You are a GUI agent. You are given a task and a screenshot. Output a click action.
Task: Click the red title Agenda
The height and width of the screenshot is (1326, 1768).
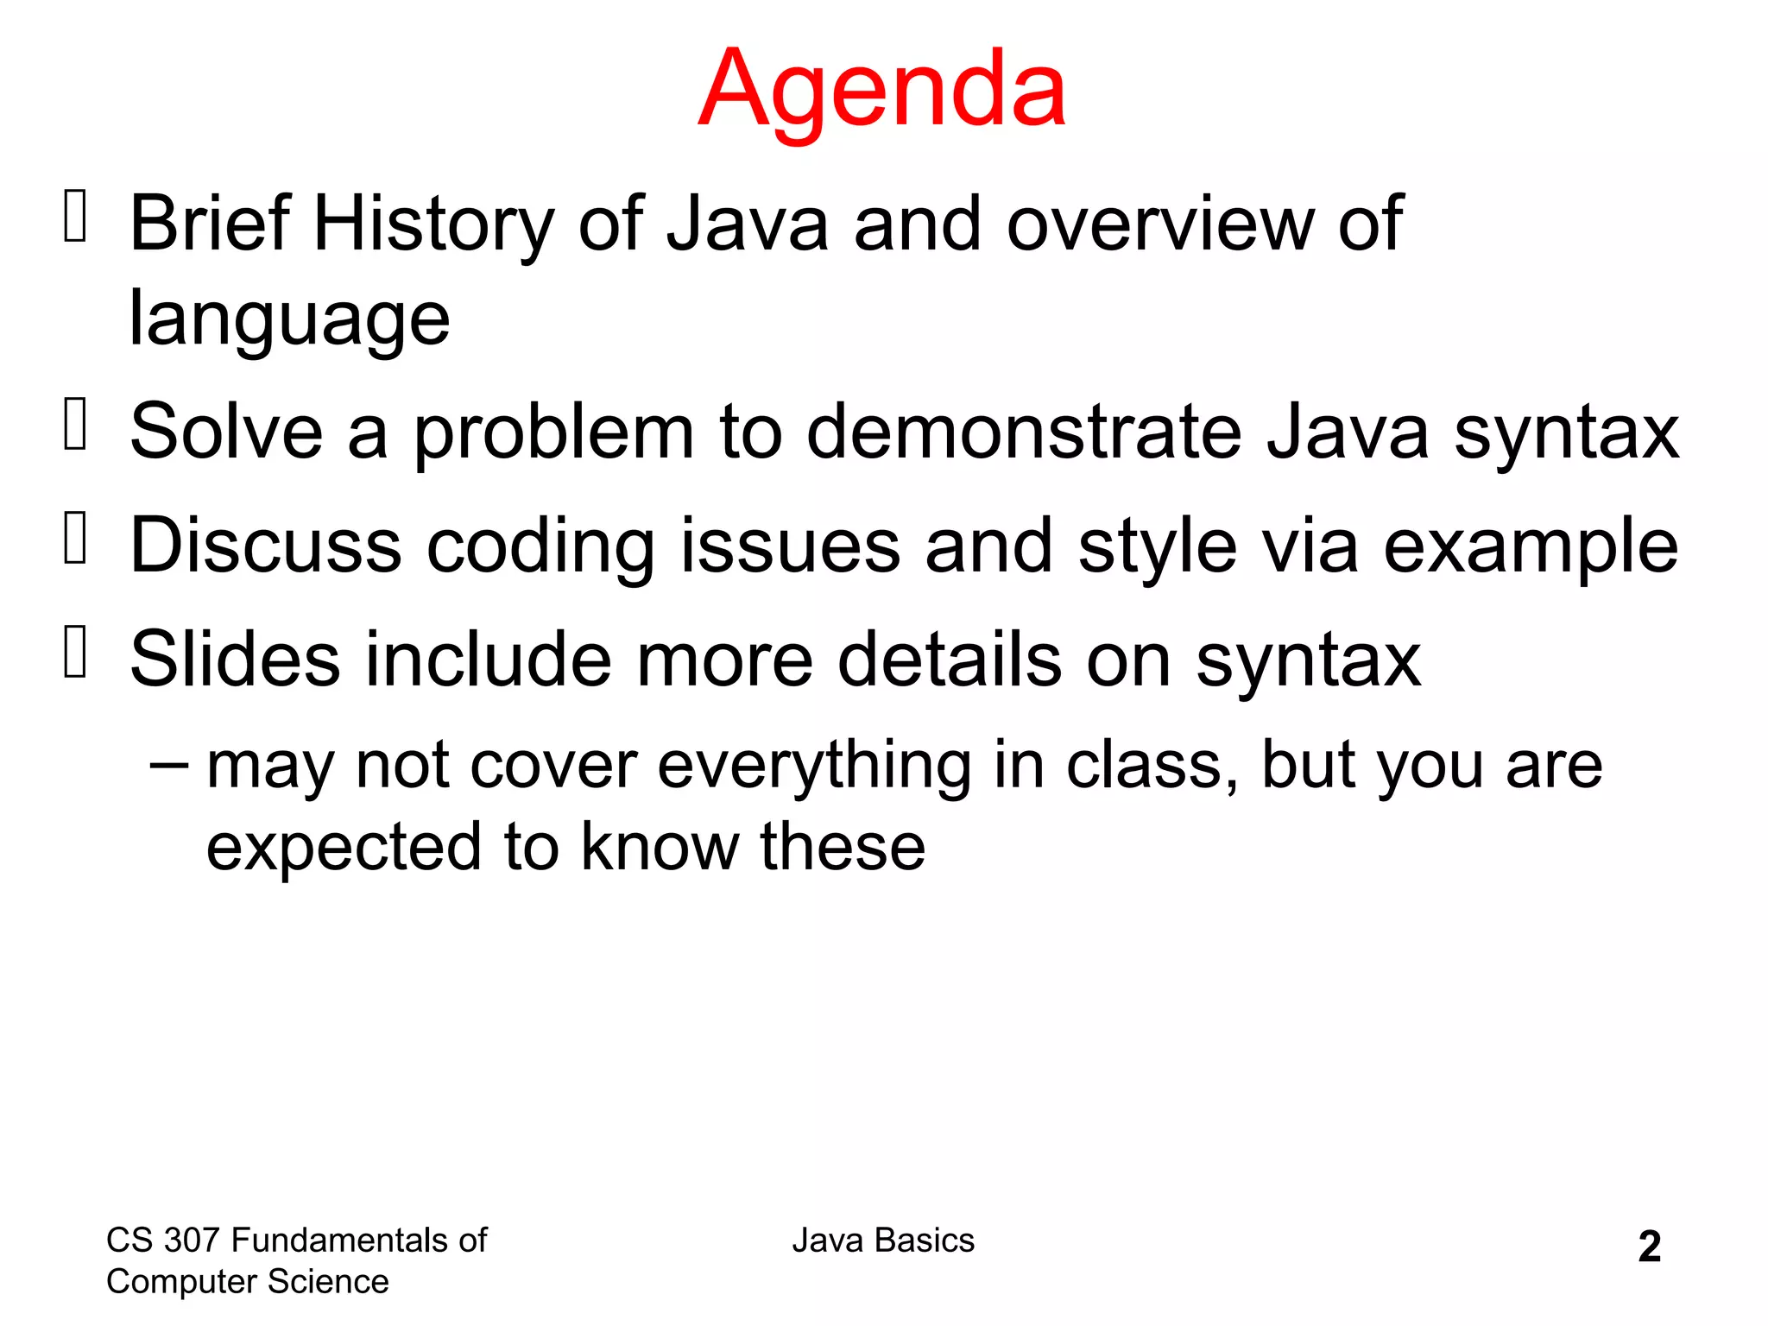pos(882,91)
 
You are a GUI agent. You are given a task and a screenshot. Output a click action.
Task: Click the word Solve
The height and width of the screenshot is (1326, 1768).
pos(226,432)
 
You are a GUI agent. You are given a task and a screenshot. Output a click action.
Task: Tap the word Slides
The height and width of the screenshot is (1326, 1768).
pos(235,660)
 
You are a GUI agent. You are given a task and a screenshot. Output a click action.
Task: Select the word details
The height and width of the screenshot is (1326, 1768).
pos(950,660)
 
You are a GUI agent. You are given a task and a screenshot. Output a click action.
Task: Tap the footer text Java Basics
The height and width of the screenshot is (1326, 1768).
pos(883,1241)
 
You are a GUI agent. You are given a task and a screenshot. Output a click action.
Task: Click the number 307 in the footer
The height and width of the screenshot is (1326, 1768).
pos(192,1241)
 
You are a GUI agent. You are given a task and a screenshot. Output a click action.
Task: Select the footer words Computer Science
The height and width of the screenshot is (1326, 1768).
pos(247,1282)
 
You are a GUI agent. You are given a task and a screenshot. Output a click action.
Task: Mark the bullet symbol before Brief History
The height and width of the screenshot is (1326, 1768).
pos(76,216)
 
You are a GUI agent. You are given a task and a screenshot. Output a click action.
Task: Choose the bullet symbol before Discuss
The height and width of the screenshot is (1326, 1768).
pos(76,538)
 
